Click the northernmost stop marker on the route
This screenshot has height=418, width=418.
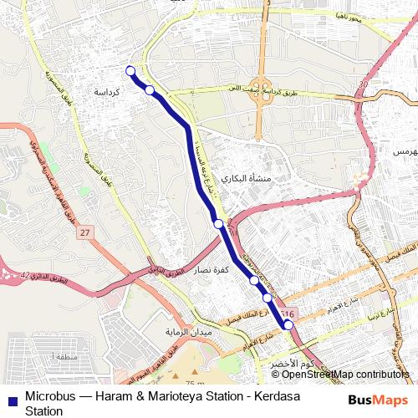pyautogui.click(x=130, y=70)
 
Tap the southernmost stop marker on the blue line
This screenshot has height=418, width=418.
pyautogui.click(x=288, y=325)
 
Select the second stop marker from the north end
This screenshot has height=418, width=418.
pyautogui.click(x=150, y=89)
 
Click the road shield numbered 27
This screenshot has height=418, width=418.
pyautogui.click(x=87, y=232)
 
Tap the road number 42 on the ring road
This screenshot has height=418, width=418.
pyautogui.click(x=25, y=275)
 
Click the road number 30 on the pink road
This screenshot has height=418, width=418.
pyautogui.click(x=361, y=84)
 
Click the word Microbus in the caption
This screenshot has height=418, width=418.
pyautogui.click(x=50, y=396)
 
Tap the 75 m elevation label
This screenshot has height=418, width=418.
pyautogui.click(x=196, y=382)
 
